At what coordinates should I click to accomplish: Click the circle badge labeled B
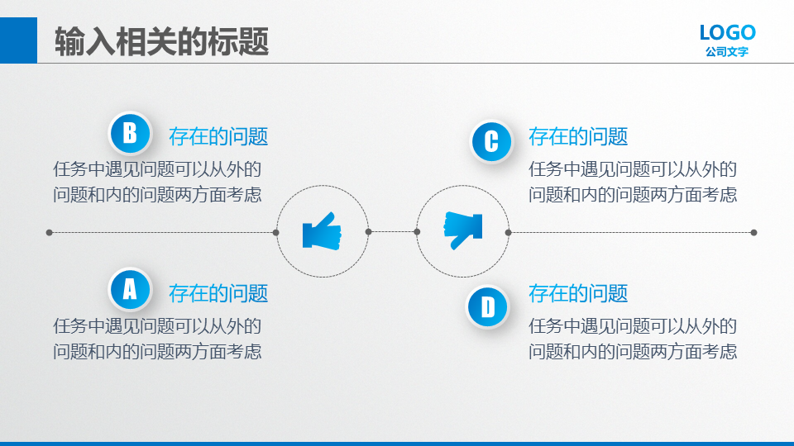tap(130, 133)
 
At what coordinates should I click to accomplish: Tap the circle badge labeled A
tap(130, 289)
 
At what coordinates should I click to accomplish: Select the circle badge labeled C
tap(491, 141)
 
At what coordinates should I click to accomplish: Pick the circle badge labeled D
tap(488, 306)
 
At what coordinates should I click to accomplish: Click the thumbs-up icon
tap(322, 231)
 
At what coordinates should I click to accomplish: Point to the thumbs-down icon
tap(463, 230)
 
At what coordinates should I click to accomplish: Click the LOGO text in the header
tap(728, 33)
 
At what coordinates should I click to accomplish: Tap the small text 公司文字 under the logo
tap(727, 51)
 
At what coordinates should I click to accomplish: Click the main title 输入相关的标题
tap(161, 41)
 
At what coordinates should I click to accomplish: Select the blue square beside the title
tap(18, 40)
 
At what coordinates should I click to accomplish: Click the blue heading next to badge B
tap(218, 136)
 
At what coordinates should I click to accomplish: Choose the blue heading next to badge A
tap(218, 293)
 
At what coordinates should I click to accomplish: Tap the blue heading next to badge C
tap(578, 136)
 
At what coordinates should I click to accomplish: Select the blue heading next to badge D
tap(578, 293)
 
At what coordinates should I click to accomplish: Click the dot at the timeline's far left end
tap(49, 233)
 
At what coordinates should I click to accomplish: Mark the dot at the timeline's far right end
tap(754, 233)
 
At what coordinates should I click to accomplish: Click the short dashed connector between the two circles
tap(392, 232)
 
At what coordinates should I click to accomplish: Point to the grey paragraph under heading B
tap(157, 182)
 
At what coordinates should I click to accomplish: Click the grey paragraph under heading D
tap(633, 339)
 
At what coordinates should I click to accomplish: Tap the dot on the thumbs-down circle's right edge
tap(509, 233)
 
